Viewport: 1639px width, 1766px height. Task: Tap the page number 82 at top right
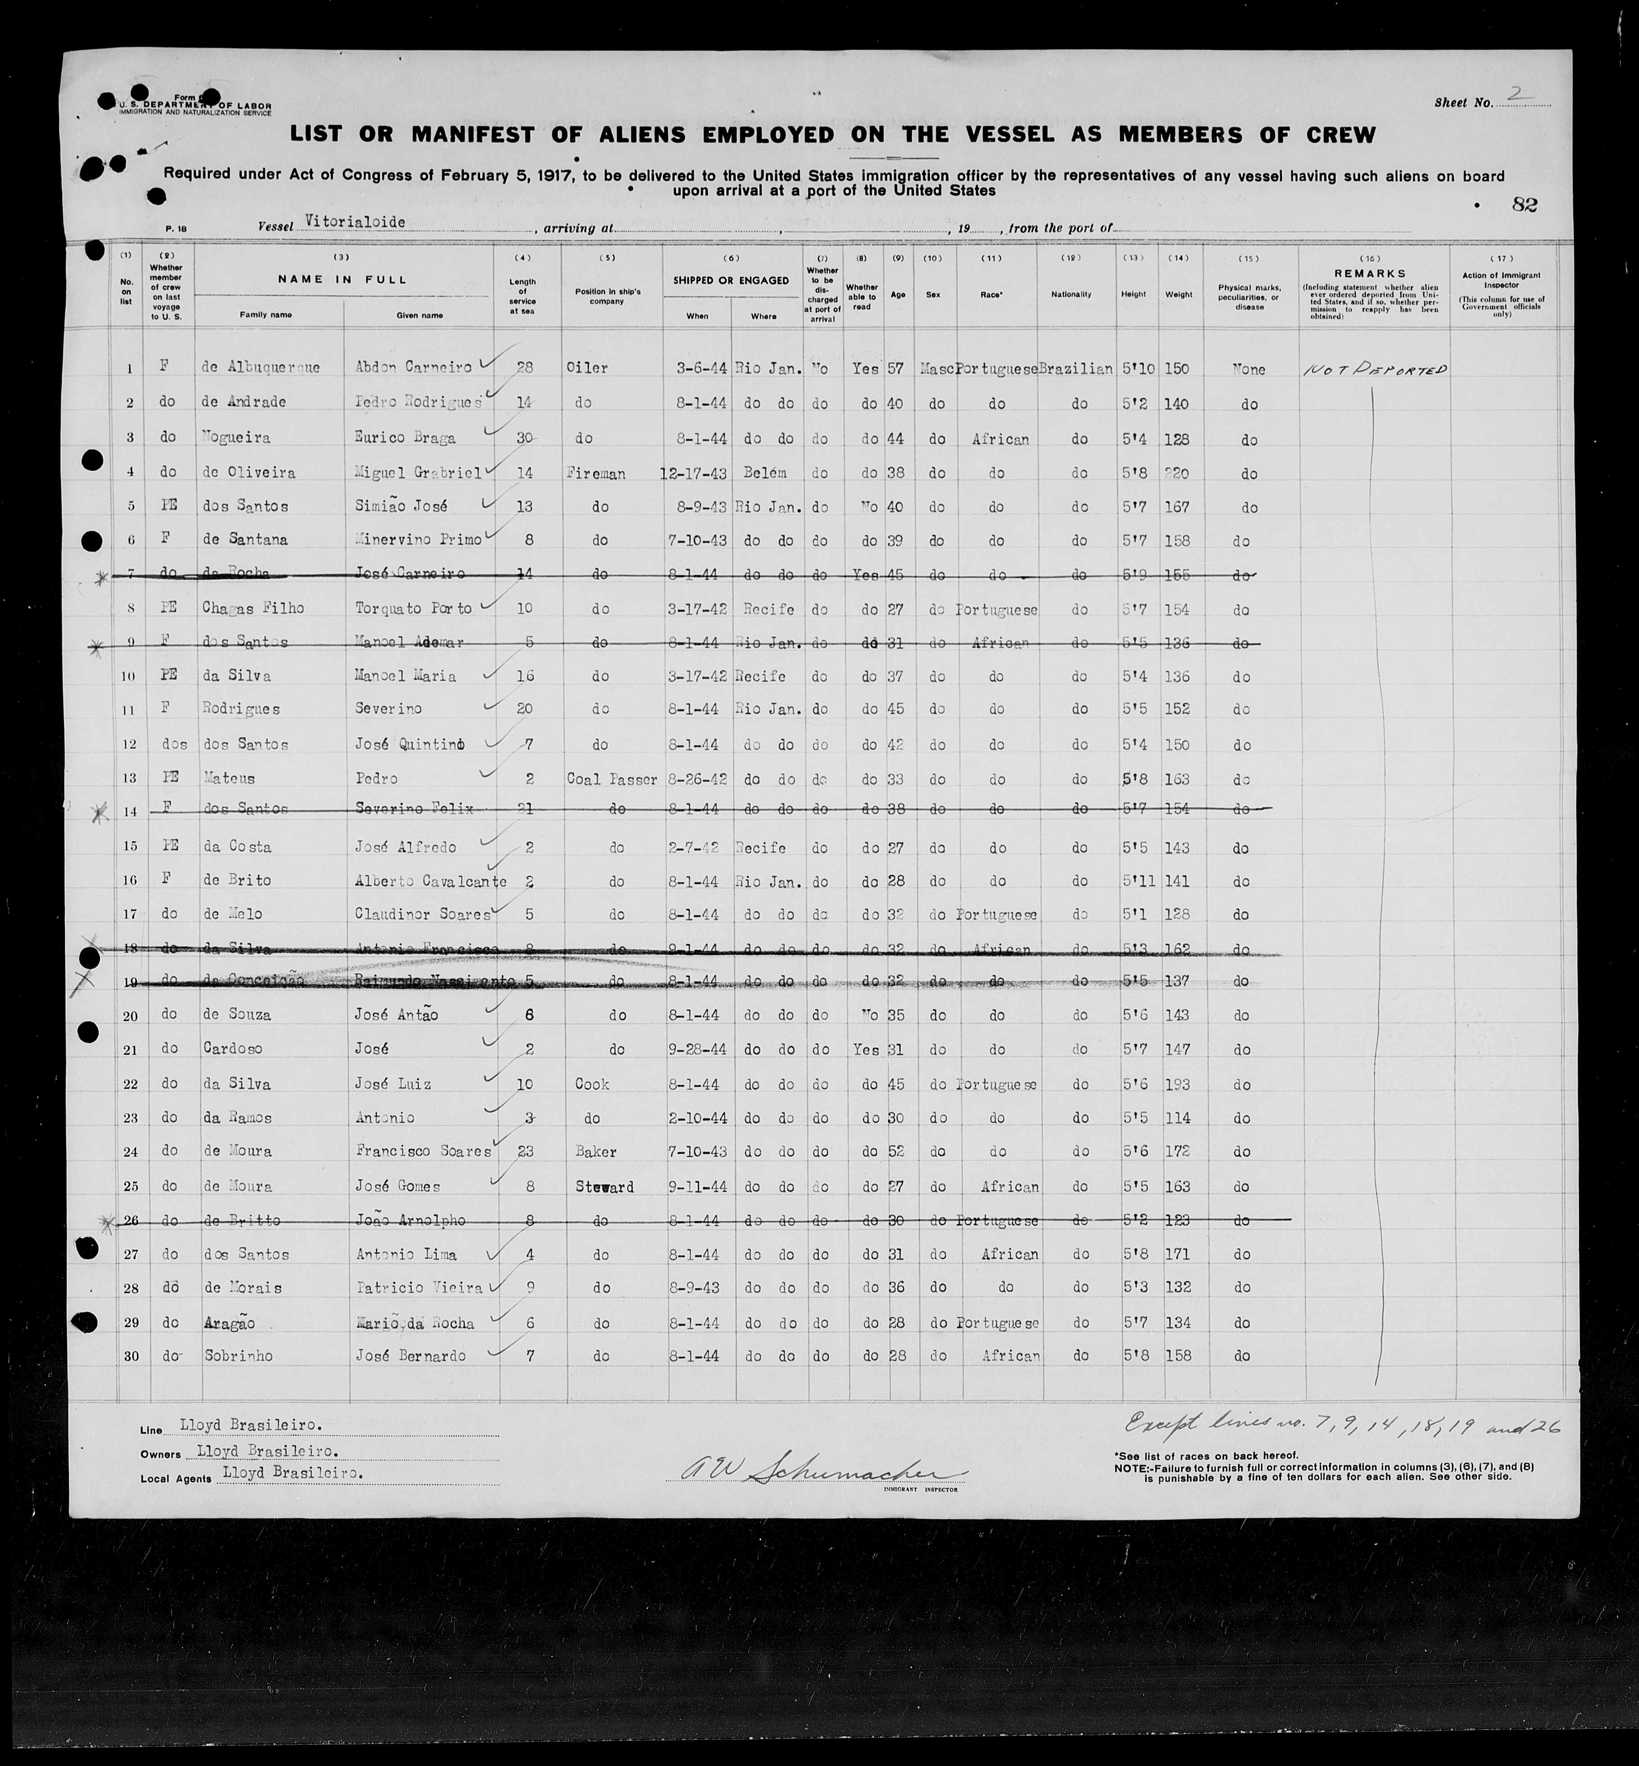1525,205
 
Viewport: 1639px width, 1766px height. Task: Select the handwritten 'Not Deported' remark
1374,370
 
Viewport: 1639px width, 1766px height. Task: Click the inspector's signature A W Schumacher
816,1471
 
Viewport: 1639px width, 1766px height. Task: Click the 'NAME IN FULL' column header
342,280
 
